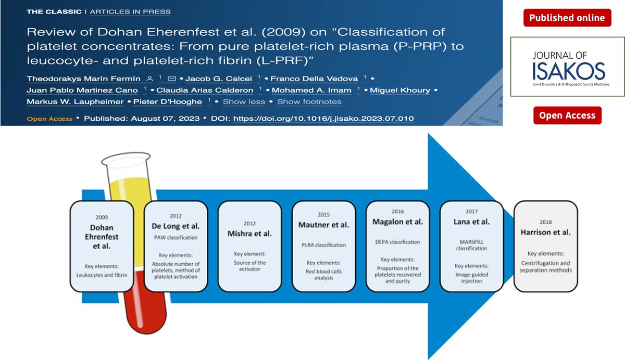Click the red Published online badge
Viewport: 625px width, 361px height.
tap(567, 18)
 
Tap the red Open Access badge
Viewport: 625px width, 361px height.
tap(567, 115)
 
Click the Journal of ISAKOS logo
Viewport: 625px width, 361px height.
tap(567, 67)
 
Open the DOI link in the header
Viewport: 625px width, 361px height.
tap(323, 119)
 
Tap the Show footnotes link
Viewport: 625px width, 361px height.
tap(309, 101)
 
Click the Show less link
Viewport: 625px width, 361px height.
tap(244, 101)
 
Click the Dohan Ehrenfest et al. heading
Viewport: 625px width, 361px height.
tap(102, 237)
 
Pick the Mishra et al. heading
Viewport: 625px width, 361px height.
tap(249, 234)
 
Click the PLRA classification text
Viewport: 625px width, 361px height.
tap(323, 244)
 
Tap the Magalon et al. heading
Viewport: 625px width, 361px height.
tap(397, 222)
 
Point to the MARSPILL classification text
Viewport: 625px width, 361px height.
tap(471, 244)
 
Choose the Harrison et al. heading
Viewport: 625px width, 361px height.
tap(545, 233)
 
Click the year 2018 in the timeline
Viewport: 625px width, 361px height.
tap(545, 221)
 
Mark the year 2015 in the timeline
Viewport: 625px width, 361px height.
tap(323, 214)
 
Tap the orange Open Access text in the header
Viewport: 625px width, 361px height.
tap(49, 119)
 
